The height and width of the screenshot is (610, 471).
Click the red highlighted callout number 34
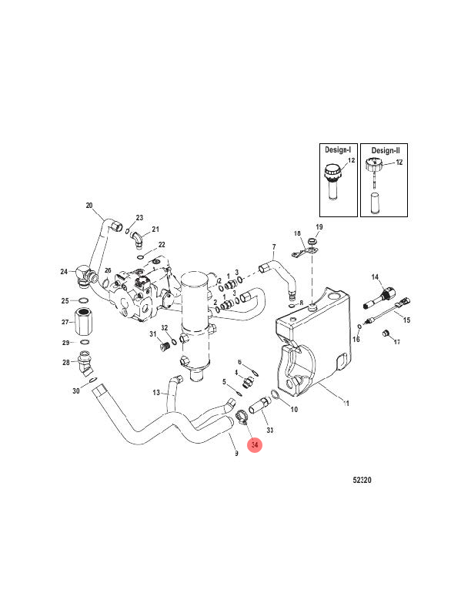coord(255,444)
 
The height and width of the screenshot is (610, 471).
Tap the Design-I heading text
coord(338,149)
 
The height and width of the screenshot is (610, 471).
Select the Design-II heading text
coord(385,150)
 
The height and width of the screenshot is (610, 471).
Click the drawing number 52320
coord(362,480)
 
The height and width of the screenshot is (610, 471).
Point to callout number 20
coord(89,206)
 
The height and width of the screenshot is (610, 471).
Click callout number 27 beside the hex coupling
coord(65,322)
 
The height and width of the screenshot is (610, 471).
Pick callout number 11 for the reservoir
coord(346,403)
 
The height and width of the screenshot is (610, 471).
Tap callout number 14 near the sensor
coord(375,277)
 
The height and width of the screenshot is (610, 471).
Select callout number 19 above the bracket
coord(319,226)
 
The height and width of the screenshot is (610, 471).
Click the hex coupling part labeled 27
coord(84,321)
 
